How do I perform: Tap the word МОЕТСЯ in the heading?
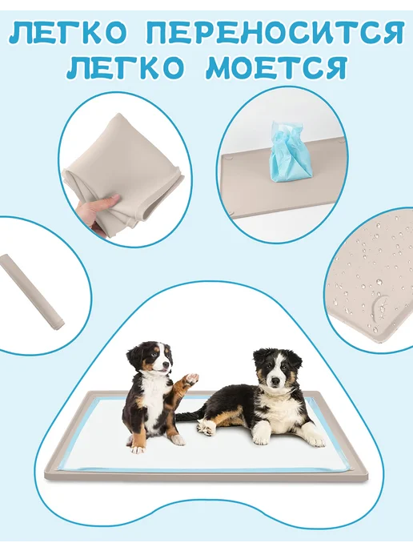click(x=276, y=68)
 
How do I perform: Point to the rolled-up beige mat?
click(x=31, y=292)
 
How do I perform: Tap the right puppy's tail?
click(x=189, y=416)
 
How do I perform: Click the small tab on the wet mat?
click(x=379, y=304)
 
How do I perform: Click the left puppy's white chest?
click(x=154, y=404)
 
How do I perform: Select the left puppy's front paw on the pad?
click(x=138, y=448)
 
